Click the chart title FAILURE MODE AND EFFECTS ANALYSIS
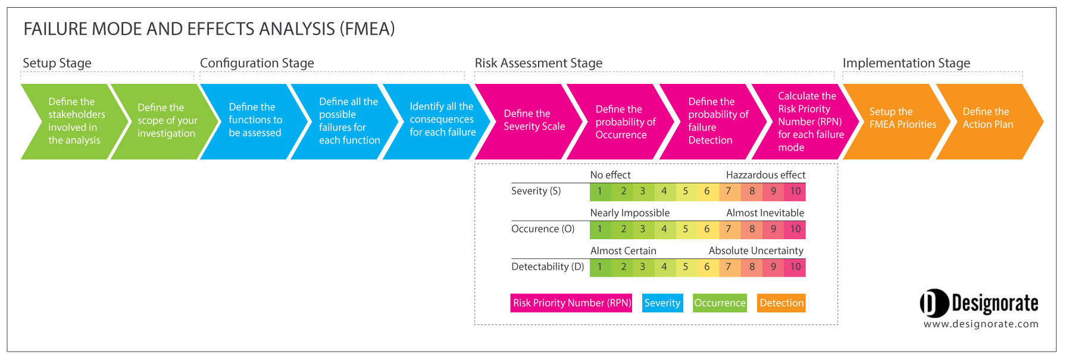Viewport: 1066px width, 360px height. [x=209, y=29]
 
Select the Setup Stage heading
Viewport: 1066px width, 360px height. [x=57, y=63]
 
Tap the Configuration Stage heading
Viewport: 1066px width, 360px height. [x=257, y=63]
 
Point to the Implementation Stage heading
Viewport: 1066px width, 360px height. [x=906, y=63]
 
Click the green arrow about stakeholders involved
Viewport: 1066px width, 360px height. [x=74, y=121]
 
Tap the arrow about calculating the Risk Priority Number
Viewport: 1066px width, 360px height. [x=808, y=121]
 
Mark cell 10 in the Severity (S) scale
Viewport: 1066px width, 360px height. [x=795, y=192]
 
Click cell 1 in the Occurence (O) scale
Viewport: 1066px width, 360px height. [x=600, y=229]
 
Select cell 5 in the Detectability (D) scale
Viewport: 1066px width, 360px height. [x=685, y=267]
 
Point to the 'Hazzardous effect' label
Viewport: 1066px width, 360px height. [x=765, y=175]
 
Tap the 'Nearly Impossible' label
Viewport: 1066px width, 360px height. [x=630, y=213]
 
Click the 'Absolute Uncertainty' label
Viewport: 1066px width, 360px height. [x=756, y=251]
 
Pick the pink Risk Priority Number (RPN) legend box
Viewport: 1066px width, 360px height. [x=571, y=303]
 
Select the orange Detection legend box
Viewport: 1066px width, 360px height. [x=781, y=303]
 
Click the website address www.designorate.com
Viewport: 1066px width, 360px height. [x=981, y=324]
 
